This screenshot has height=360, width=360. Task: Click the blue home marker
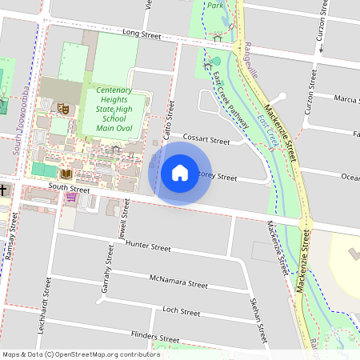(x=180, y=172)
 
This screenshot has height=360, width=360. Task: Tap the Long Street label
(x=143, y=34)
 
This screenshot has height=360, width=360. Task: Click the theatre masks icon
(x=63, y=106)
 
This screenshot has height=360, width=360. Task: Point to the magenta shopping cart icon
(x=71, y=196)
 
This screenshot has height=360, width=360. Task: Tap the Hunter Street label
(x=149, y=246)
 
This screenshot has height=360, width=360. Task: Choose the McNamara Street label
(x=178, y=281)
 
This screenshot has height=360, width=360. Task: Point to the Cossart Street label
(x=206, y=139)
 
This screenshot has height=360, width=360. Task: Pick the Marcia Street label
(x=346, y=99)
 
